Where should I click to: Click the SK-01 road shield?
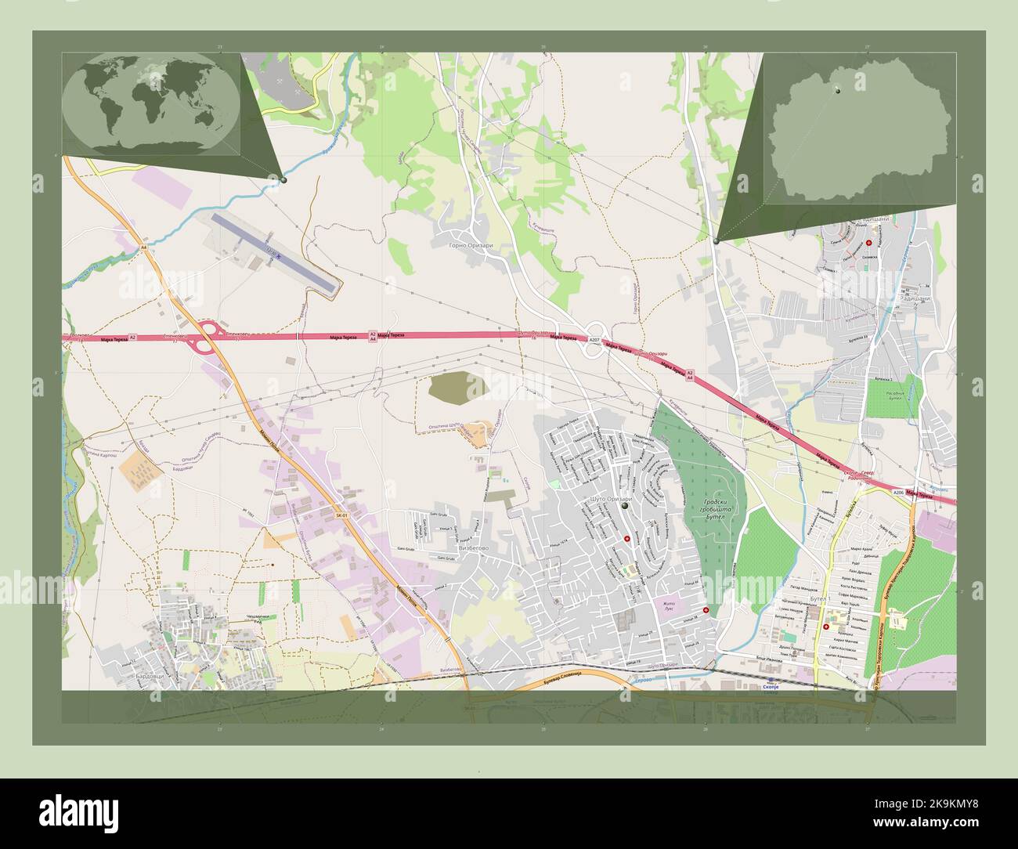(x=341, y=515)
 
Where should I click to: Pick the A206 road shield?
(x=898, y=492)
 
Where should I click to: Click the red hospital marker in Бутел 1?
(x=825, y=627)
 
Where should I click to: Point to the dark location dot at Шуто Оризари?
(x=625, y=508)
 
